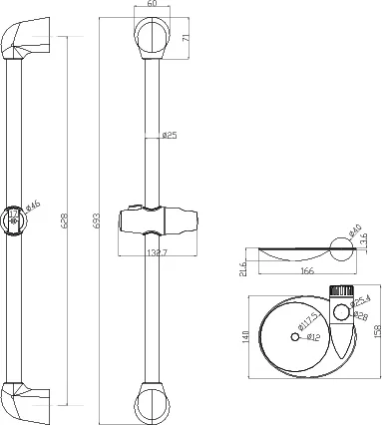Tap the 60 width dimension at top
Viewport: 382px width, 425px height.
[x=152, y=5]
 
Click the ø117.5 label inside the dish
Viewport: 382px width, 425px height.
[x=311, y=321]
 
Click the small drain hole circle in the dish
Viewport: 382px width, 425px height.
[x=296, y=337]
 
